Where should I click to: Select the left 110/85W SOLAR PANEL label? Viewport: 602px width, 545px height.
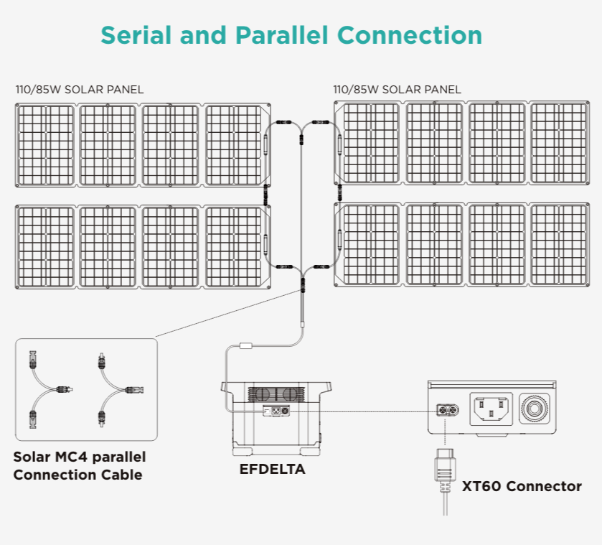80,90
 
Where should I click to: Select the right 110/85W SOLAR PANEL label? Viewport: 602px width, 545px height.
397,90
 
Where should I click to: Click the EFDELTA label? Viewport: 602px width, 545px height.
272,470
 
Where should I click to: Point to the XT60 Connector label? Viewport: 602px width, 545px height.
522,486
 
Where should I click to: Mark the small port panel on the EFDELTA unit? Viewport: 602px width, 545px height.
276,411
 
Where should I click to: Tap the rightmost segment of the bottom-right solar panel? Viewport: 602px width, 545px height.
559,246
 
